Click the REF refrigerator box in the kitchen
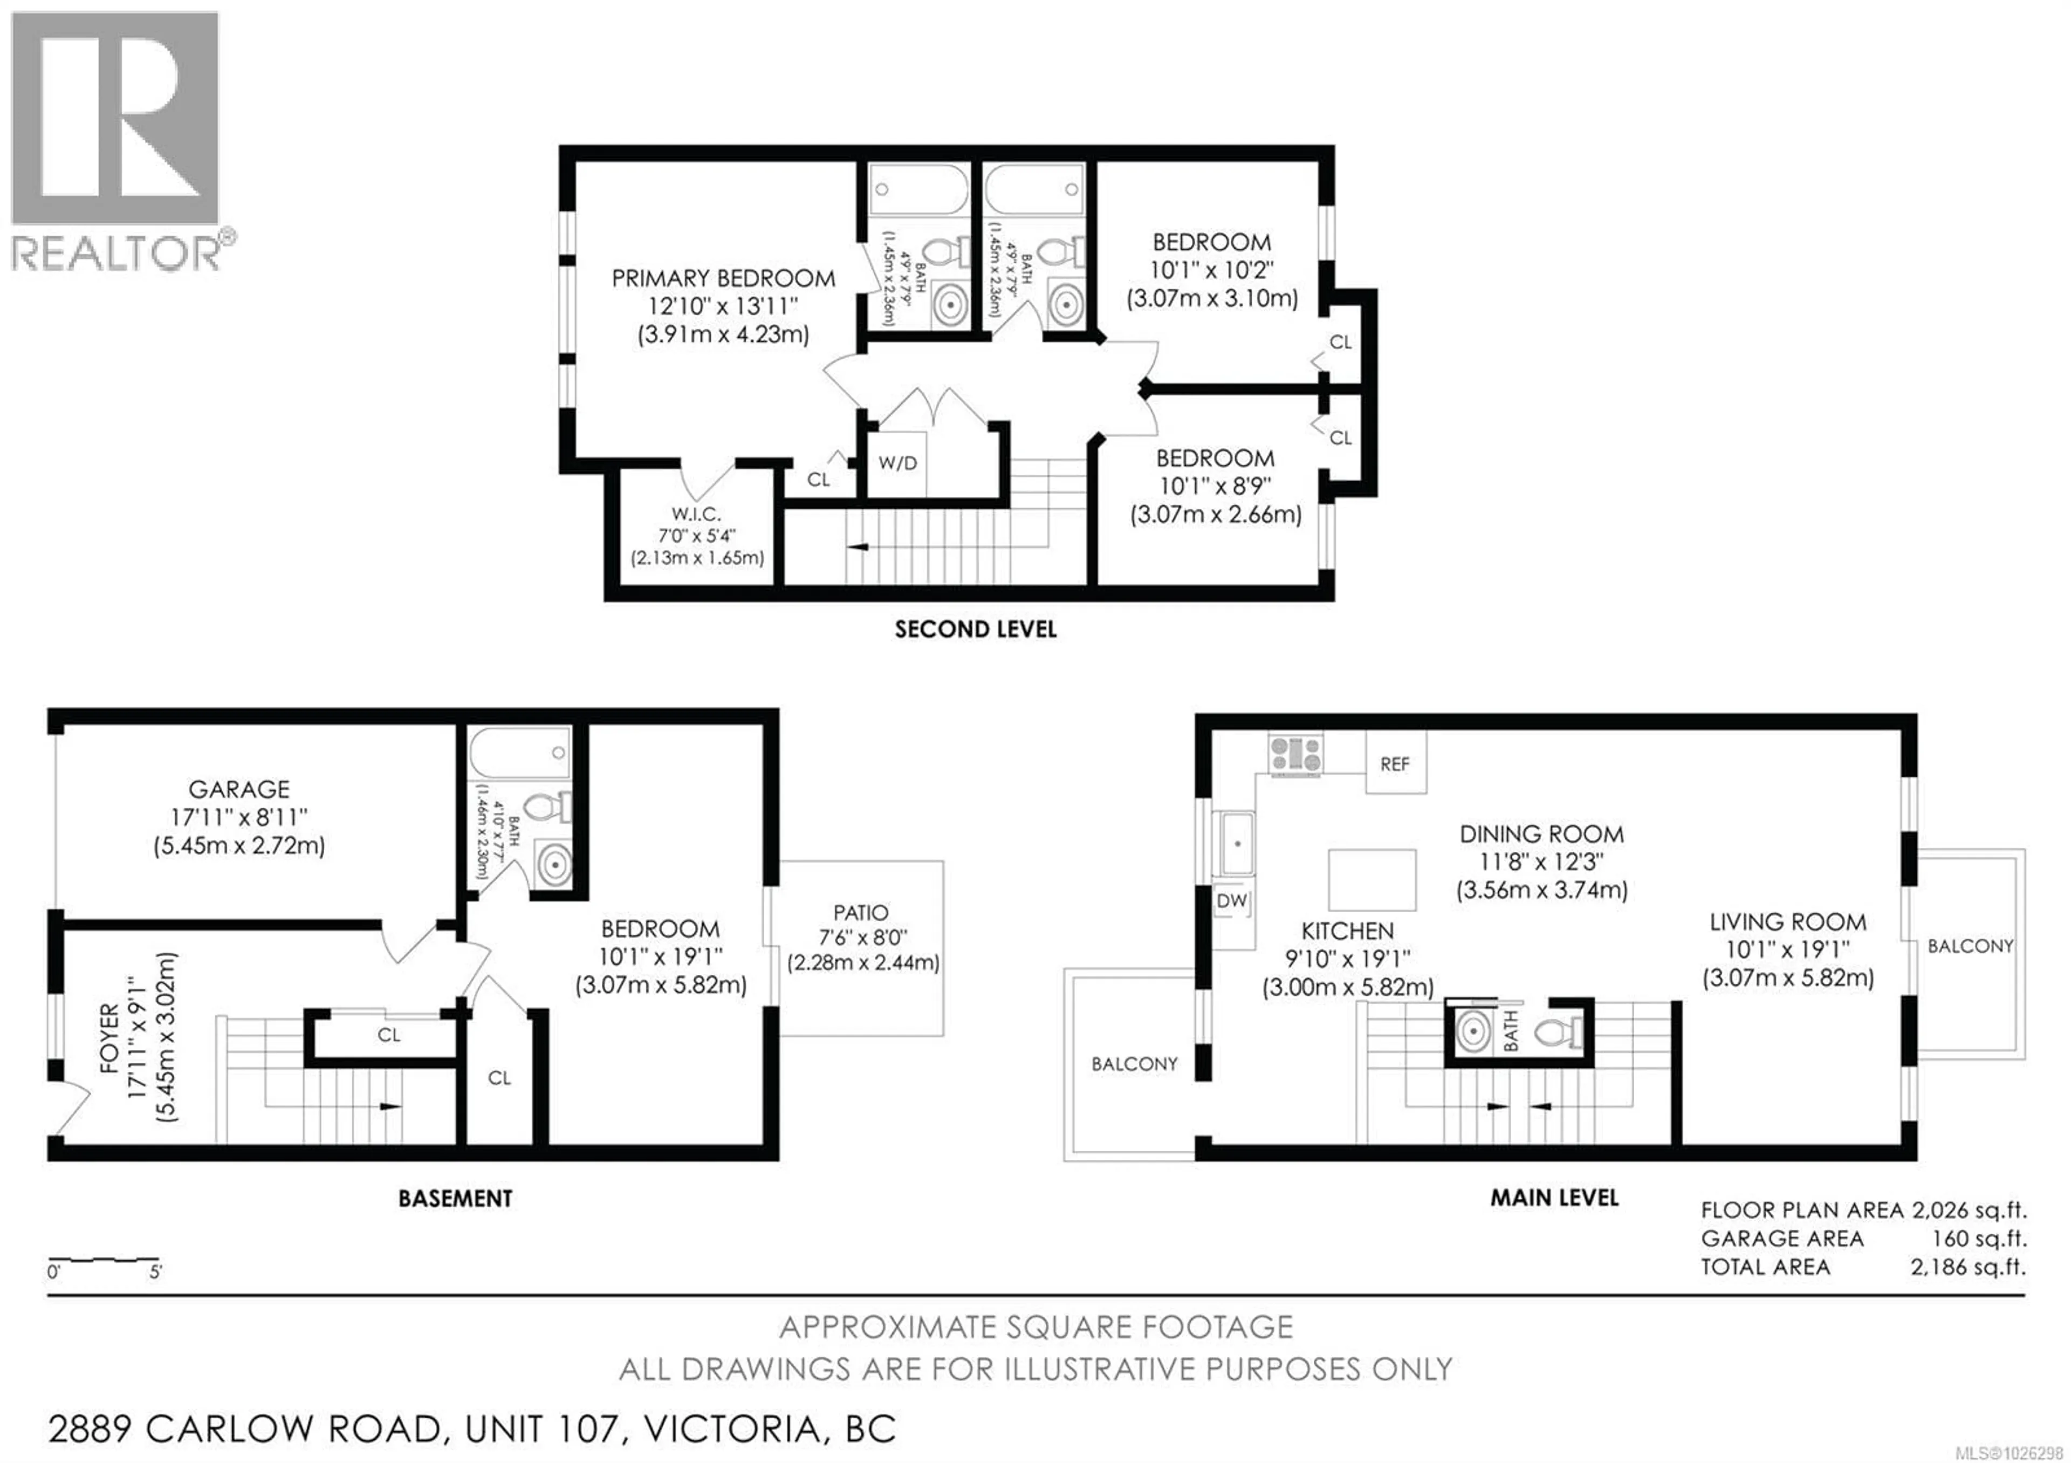tap(1395, 763)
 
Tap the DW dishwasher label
tap(1231, 900)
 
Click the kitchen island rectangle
tap(1371, 879)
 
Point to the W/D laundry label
tap(897, 463)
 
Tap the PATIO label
tap(861, 913)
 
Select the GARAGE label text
tap(239, 789)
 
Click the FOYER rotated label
tap(109, 1037)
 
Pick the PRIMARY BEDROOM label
tap(723, 278)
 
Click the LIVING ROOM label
tap(1788, 922)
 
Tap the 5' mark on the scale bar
tap(155, 1273)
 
